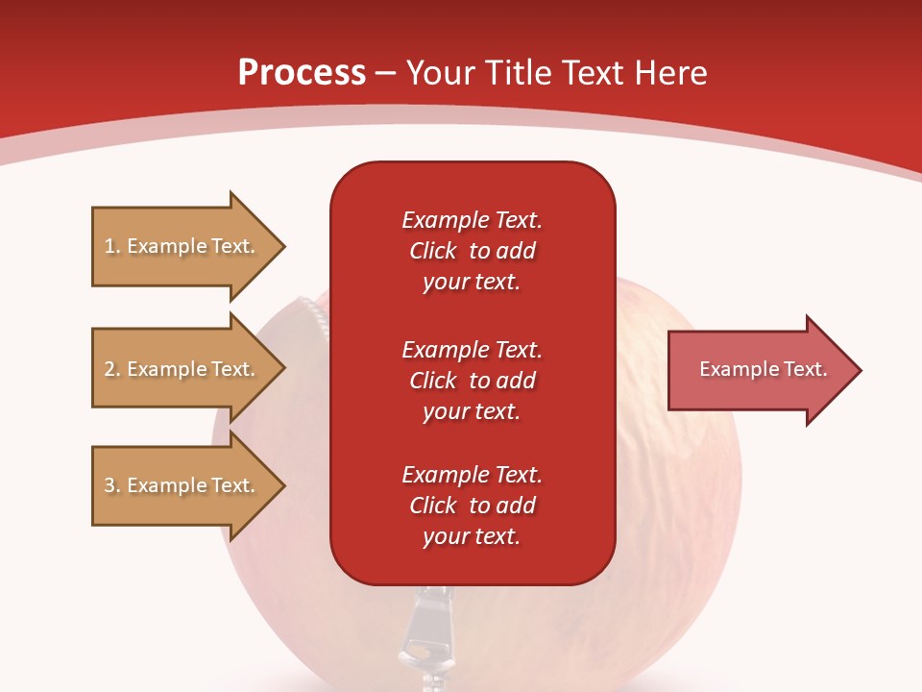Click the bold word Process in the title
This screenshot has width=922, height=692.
pos(302,73)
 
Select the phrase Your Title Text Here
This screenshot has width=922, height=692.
pos(556,73)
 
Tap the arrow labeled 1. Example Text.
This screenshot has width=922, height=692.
pos(182,246)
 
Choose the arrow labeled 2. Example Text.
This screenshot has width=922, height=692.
pos(182,369)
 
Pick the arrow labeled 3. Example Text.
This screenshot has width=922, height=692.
pos(182,485)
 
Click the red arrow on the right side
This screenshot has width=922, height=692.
pos(759,370)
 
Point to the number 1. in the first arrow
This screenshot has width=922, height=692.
pos(112,246)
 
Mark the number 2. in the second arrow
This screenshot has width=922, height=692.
pos(112,369)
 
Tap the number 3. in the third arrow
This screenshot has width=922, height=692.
pos(112,485)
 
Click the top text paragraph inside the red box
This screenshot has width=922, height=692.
pos(472,251)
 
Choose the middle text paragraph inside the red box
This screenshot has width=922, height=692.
pos(472,381)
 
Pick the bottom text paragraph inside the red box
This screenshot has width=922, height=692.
pos(472,506)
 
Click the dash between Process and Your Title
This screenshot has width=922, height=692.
pos(385,74)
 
